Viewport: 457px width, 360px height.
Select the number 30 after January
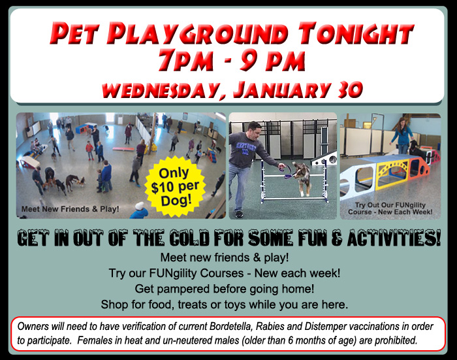350,90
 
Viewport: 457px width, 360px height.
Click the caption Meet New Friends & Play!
71,209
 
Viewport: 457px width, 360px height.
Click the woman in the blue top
403,135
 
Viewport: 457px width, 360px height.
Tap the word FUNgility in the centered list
173,274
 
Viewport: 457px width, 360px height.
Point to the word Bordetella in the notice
230,327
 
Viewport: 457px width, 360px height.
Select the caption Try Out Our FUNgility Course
390,208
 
